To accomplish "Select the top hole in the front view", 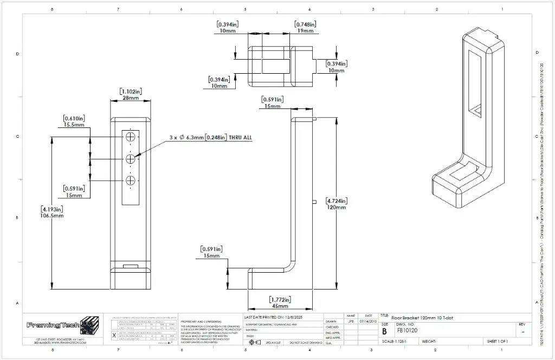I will coord(131,138).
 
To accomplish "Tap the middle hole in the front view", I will coord(131,159).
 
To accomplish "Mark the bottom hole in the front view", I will coord(131,180).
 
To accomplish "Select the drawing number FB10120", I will coord(407,330).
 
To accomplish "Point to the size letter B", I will coord(384,331).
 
